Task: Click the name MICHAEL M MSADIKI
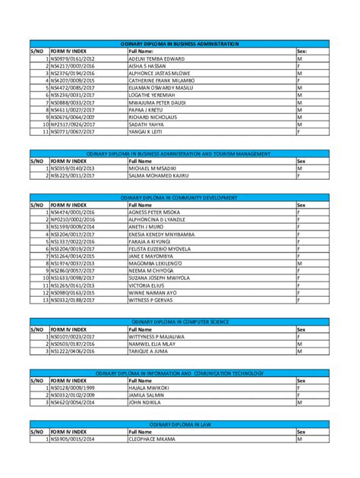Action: pyautogui.click(x=153, y=168)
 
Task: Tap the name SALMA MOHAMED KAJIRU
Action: pyautogui.click(x=158, y=175)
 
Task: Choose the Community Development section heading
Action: pyautogui.click(x=180, y=197)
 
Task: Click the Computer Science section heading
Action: pyautogui.click(x=180, y=322)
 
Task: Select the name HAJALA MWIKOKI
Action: pyautogui.click(x=149, y=388)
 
